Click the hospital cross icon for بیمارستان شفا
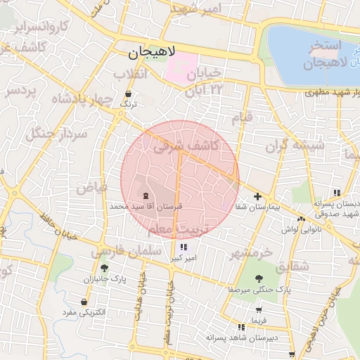point(258,197)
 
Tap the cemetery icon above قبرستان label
point(146,195)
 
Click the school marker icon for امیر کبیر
point(184,247)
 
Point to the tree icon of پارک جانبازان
point(105,268)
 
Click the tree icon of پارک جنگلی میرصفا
point(259,278)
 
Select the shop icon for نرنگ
point(128,94)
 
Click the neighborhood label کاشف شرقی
point(186,146)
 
